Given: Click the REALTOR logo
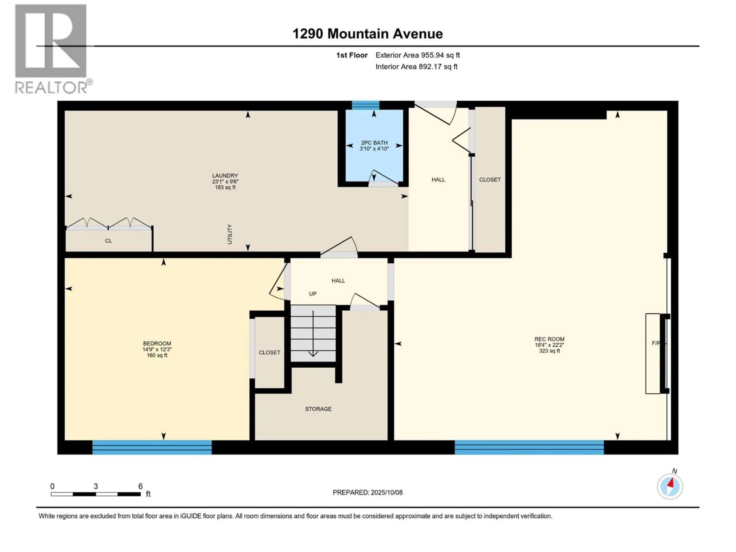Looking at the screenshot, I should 52,48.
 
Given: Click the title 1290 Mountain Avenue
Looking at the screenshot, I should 367,34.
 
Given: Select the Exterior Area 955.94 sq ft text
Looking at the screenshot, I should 418,55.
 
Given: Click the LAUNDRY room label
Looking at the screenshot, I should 225,175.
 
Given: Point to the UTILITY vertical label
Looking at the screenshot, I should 230,234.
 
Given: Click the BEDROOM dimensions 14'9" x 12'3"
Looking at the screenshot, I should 157,349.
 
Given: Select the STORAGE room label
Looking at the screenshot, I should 318,409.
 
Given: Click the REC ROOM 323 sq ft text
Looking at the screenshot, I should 549,351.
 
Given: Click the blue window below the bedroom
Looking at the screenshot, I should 152,447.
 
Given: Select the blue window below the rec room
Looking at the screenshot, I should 529,447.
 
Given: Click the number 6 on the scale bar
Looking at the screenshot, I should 140,486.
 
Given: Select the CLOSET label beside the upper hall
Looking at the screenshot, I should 490,180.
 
